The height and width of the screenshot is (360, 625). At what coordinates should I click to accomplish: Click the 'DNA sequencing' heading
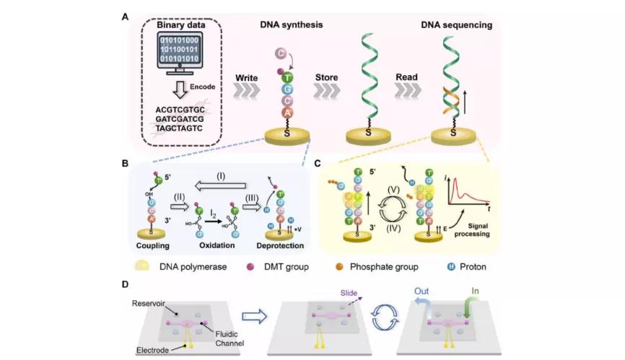point(457,25)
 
